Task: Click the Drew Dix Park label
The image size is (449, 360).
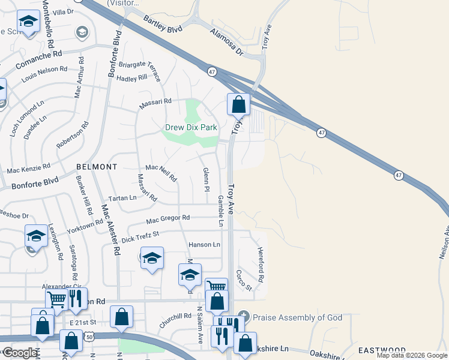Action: click(191, 128)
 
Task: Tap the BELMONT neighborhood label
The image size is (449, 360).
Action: click(97, 166)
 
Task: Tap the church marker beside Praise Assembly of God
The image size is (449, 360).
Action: click(243, 316)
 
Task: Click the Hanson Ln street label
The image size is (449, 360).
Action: click(204, 245)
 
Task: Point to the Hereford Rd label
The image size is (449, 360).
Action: click(261, 265)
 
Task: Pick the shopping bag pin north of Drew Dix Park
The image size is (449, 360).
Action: click(238, 104)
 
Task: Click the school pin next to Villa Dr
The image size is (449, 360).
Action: click(28, 22)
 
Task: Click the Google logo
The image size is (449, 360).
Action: click(20, 353)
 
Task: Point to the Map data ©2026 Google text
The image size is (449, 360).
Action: click(411, 355)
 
